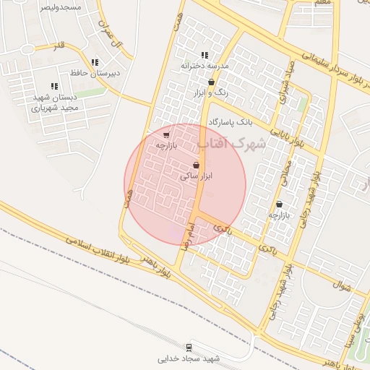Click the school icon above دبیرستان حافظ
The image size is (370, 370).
(95, 63)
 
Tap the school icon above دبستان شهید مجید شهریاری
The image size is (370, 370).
(55, 86)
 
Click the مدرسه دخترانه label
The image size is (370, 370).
(205, 65)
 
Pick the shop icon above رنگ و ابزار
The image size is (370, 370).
(210, 82)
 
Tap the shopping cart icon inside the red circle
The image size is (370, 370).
(167, 134)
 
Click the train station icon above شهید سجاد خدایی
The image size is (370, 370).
(189, 348)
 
